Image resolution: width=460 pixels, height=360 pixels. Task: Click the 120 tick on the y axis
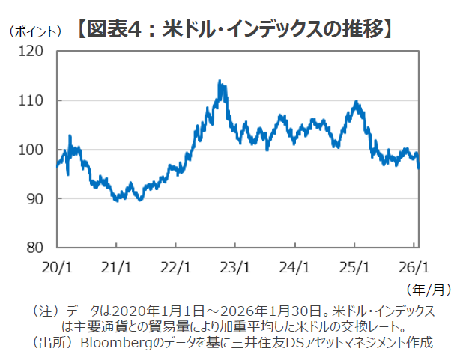(x=35, y=52)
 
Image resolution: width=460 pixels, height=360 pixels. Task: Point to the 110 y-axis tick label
(x=35, y=100)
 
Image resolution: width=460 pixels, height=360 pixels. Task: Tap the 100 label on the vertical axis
(x=35, y=150)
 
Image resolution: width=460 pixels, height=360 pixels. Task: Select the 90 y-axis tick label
(x=38, y=198)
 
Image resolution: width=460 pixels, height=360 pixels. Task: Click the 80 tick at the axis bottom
(x=38, y=248)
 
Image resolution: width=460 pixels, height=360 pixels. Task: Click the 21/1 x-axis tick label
(x=116, y=266)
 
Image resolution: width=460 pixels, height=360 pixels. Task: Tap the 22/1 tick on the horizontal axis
(x=175, y=266)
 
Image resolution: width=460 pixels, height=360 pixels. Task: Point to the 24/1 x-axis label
(x=294, y=266)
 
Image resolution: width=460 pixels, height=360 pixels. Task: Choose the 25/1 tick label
(x=354, y=266)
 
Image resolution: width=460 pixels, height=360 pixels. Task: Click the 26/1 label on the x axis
(x=414, y=266)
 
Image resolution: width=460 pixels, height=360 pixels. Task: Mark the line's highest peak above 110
(x=220, y=81)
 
